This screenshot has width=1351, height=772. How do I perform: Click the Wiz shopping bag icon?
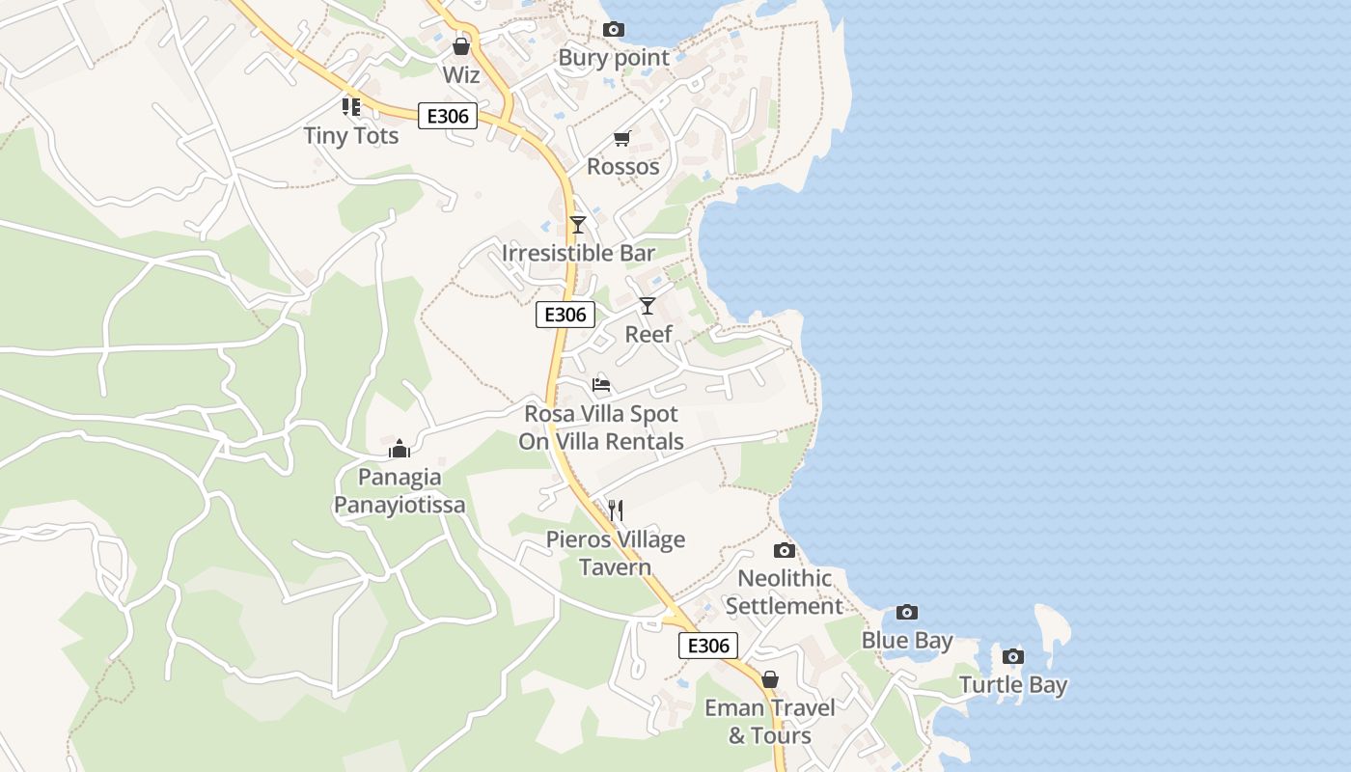pyautogui.click(x=461, y=46)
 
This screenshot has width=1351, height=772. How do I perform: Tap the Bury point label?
pyautogui.click(x=614, y=58)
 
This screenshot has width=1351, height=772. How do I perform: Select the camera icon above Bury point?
pyautogui.click(x=613, y=30)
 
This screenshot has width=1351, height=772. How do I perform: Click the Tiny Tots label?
pyautogui.click(x=351, y=136)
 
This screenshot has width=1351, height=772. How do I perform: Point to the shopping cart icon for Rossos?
pyautogui.click(x=622, y=140)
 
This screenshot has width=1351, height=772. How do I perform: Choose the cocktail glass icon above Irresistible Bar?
pyautogui.click(x=578, y=225)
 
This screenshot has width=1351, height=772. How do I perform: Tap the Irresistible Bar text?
pyautogui.click(x=578, y=254)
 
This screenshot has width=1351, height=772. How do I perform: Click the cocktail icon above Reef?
pyautogui.click(x=648, y=306)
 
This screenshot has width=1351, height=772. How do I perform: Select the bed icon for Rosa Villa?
pyautogui.click(x=601, y=385)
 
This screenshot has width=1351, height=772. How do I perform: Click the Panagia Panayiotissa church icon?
pyautogui.click(x=400, y=449)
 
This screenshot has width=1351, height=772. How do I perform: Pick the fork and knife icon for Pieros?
pyautogui.click(x=616, y=510)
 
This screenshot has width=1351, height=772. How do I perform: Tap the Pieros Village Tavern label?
pyautogui.click(x=616, y=553)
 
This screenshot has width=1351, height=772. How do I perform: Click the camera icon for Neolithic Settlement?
pyautogui.click(x=785, y=550)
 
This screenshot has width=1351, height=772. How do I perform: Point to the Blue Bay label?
pyautogui.click(x=907, y=641)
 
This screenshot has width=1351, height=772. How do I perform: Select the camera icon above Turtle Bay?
pyautogui.click(x=1012, y=657)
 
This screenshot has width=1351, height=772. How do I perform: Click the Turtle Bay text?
pyautogui.click(x=1013, y=686)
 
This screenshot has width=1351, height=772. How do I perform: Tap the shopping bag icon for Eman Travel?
pyautogui.click(x=770, y=679)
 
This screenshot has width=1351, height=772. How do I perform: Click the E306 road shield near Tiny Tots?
pyautogui.click(x=448, y=117)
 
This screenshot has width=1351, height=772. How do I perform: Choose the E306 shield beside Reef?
pyautogui.click(x=565, y=315)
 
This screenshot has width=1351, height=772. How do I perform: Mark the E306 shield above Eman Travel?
pyautogui.click(x=708, y=646)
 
